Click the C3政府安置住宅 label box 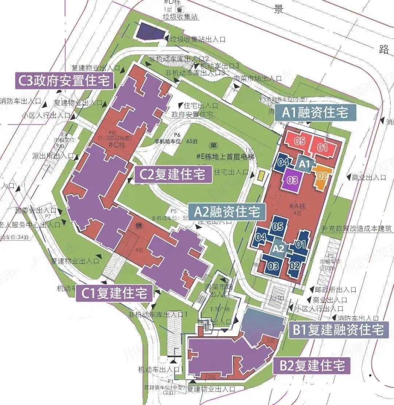click(63, 81)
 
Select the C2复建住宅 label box click(173, 175)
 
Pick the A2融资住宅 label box click(227, 211)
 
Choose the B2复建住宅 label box click(312, 366)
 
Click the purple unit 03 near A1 click(293, 180)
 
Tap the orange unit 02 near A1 click(321, 176)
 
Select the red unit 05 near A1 click(300, 142)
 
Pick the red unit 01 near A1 click(323, 148)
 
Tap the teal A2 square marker click(278, 249)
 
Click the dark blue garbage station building click(150, 31)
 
